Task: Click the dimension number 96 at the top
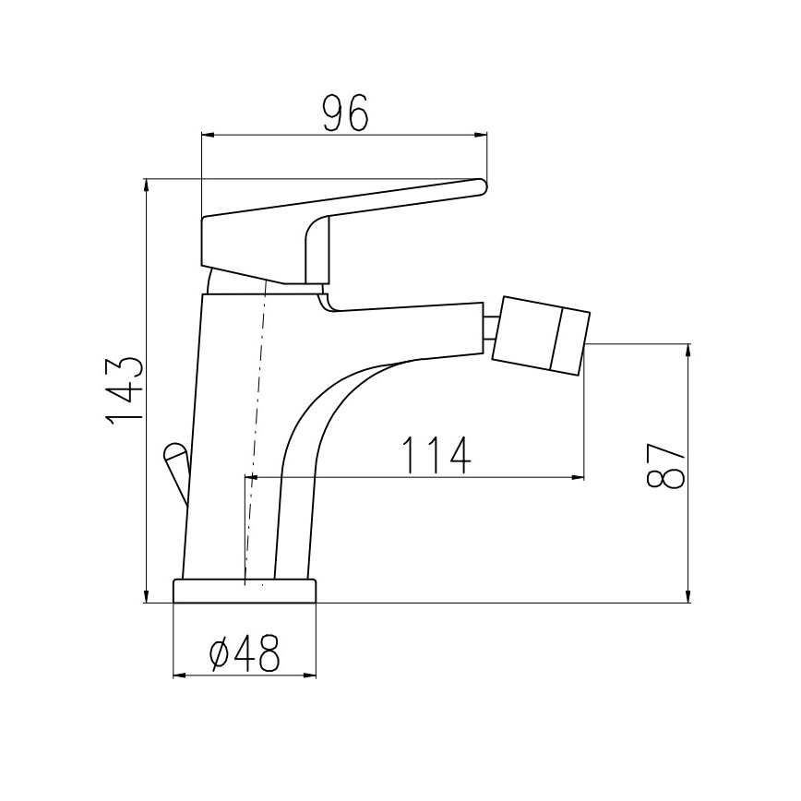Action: tap(345, 113)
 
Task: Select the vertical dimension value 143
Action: tap(125, 390)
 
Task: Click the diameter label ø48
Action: tap(245, 654)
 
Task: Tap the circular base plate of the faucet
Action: tap(245, 592)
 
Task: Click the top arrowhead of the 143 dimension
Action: tap(147, 185)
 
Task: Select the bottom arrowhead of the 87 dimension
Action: tap(687, 597)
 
